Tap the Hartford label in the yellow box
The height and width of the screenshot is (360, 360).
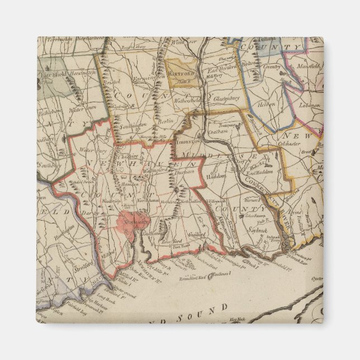[181, 74]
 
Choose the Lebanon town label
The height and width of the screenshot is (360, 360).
[309, 105]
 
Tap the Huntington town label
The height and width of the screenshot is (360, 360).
[65, 228]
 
